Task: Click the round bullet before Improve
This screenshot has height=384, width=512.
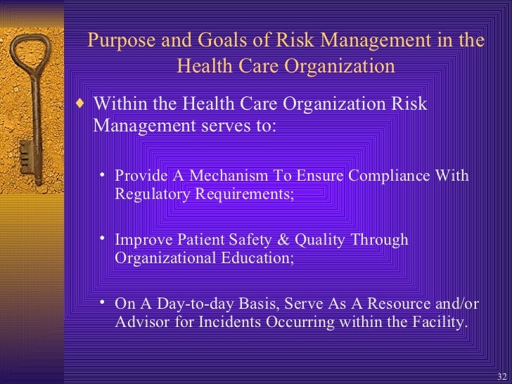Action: (x=103, y=239)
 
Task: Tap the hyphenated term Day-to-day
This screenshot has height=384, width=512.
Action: (x=185, y=305)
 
